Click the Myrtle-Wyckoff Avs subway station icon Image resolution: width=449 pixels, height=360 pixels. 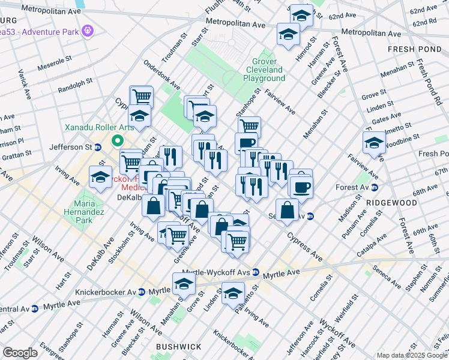(x=256, y=272)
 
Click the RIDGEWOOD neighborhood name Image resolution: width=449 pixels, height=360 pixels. (x=393, y=203)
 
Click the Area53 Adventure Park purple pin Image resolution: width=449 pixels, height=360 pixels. (x=88, y=29)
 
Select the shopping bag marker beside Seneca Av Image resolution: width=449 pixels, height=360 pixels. (x=288, y=210)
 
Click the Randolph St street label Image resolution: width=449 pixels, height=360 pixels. (x=75, y=85)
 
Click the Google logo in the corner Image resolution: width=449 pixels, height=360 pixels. (x=20, y=353)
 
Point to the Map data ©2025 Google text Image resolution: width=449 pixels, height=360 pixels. (x=411, y=355)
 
